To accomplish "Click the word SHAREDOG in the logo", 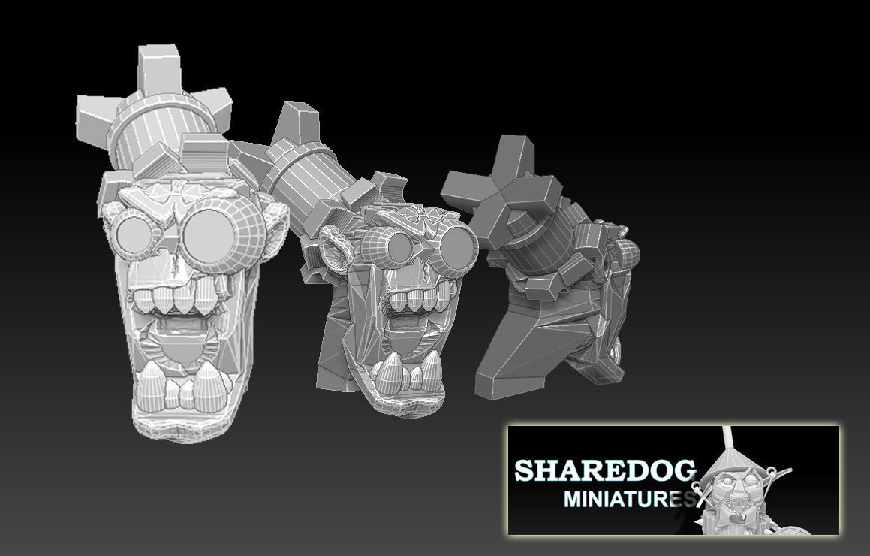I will tap(604, 471).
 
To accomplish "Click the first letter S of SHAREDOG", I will tap(525, 471).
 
